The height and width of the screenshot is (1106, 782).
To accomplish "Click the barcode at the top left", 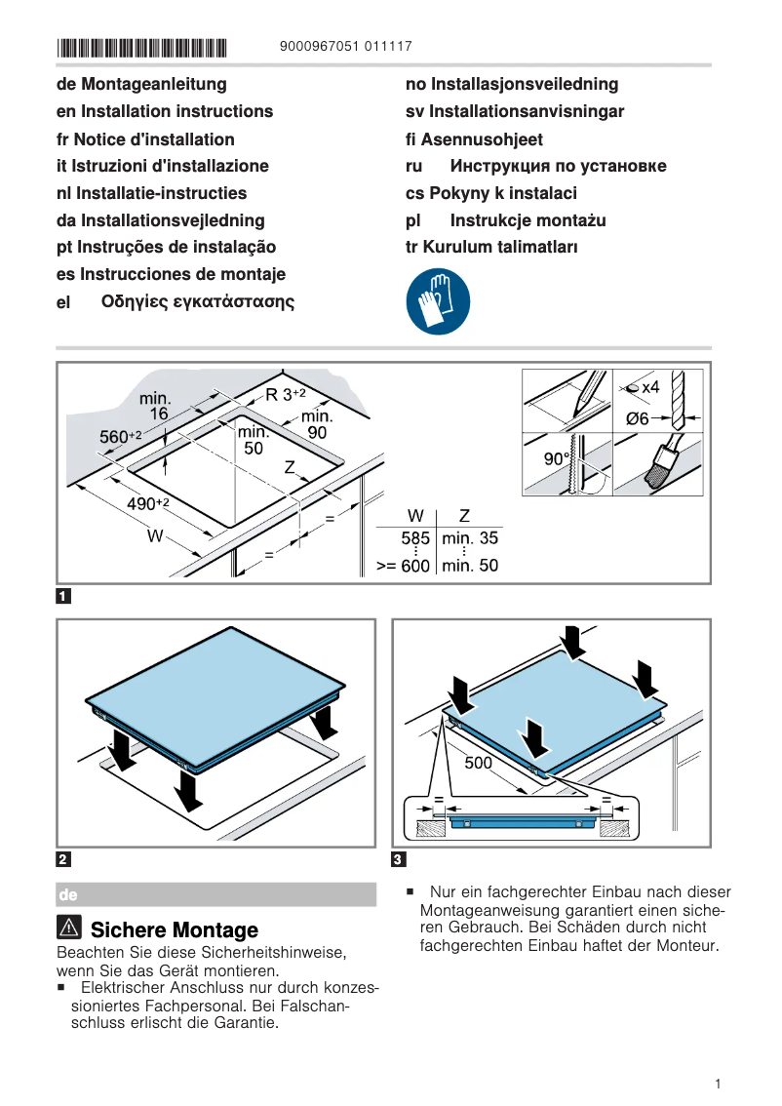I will pyautogui.click(x=141, y=47).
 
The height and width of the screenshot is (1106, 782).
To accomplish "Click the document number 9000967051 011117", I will pyautogui.click(x=345, y=47).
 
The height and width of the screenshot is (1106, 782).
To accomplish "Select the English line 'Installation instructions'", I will pyautogui.click(x=165, y=111).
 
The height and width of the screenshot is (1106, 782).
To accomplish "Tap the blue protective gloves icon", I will pyautogui.click(x=438, y=302).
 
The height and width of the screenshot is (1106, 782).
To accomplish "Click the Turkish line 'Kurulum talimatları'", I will pyautogui.click(x=491, y=247).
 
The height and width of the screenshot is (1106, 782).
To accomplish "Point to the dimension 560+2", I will pyautogui.click(x=121, y=437).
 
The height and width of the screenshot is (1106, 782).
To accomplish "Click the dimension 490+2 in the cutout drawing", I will pyautogui.click(x=149, y=503).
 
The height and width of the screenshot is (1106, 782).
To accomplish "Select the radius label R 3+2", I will pyautogui.click(x=286, y=395).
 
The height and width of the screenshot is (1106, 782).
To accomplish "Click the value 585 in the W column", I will pyautogui.click(x=415, y=538).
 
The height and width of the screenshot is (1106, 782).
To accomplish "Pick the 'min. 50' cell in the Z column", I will pyautogui.click(x=470, y=565).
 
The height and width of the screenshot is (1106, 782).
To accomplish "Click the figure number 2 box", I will pyautogui.click(x=63, y=859).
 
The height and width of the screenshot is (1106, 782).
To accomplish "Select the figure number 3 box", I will pyautogui.click(x=398, y=859).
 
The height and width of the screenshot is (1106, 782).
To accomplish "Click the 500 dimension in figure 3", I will pyautogui.click(x=478, y=763).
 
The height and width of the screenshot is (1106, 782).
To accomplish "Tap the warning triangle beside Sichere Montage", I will pyautogui.click(x=69, y=928).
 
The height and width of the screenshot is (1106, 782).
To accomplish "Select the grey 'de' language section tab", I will pyautogui.click(x=68, y=894).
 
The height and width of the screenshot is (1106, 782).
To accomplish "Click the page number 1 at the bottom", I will pyautogui.click(x=717, y=1084).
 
